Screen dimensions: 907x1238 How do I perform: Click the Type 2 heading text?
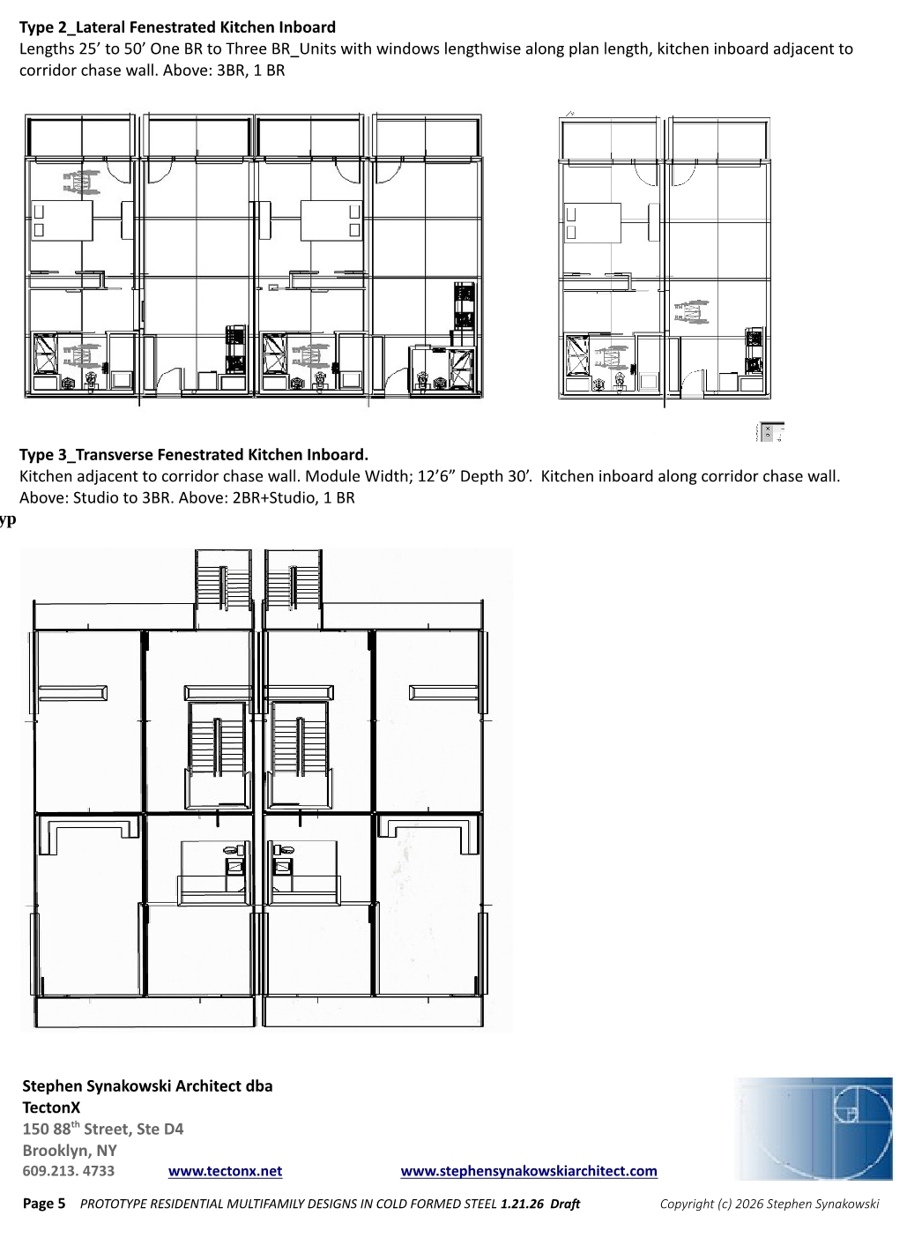177,27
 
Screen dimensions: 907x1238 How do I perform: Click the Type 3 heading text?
194,454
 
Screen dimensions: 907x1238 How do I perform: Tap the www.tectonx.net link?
225,1171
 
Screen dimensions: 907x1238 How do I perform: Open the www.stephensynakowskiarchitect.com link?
529,1171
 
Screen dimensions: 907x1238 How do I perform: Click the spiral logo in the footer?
813,1129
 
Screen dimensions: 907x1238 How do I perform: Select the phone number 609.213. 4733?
69,1171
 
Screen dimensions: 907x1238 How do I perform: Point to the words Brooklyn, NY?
70,1150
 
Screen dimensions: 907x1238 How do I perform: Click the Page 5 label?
44,1204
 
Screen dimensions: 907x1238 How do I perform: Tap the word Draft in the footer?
564,1204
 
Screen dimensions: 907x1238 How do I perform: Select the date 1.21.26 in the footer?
522,1204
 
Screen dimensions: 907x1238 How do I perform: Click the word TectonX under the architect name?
51,1107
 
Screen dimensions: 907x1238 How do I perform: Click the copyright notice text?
769,1204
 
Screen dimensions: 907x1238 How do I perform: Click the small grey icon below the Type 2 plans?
770,432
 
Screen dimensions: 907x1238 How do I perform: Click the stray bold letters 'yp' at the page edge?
8,520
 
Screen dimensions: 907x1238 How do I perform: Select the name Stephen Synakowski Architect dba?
147,1085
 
